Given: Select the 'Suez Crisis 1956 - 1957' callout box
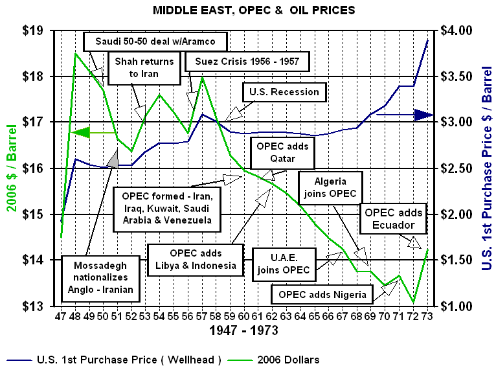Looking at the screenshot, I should tap(247, 62).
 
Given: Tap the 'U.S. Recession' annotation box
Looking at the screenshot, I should tap(284, 92).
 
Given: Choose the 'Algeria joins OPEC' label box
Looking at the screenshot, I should tap(331, 188).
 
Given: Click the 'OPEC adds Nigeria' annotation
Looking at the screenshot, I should tap(322, 295).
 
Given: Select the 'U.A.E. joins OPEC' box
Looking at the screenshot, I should tap(280, 263).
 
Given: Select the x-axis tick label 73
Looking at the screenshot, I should tap(427, 316).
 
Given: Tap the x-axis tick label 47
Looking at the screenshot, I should tap(61, 316).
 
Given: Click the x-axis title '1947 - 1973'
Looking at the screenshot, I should tap(243, 330).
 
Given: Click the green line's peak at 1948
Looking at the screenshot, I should tap(76, 53).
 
